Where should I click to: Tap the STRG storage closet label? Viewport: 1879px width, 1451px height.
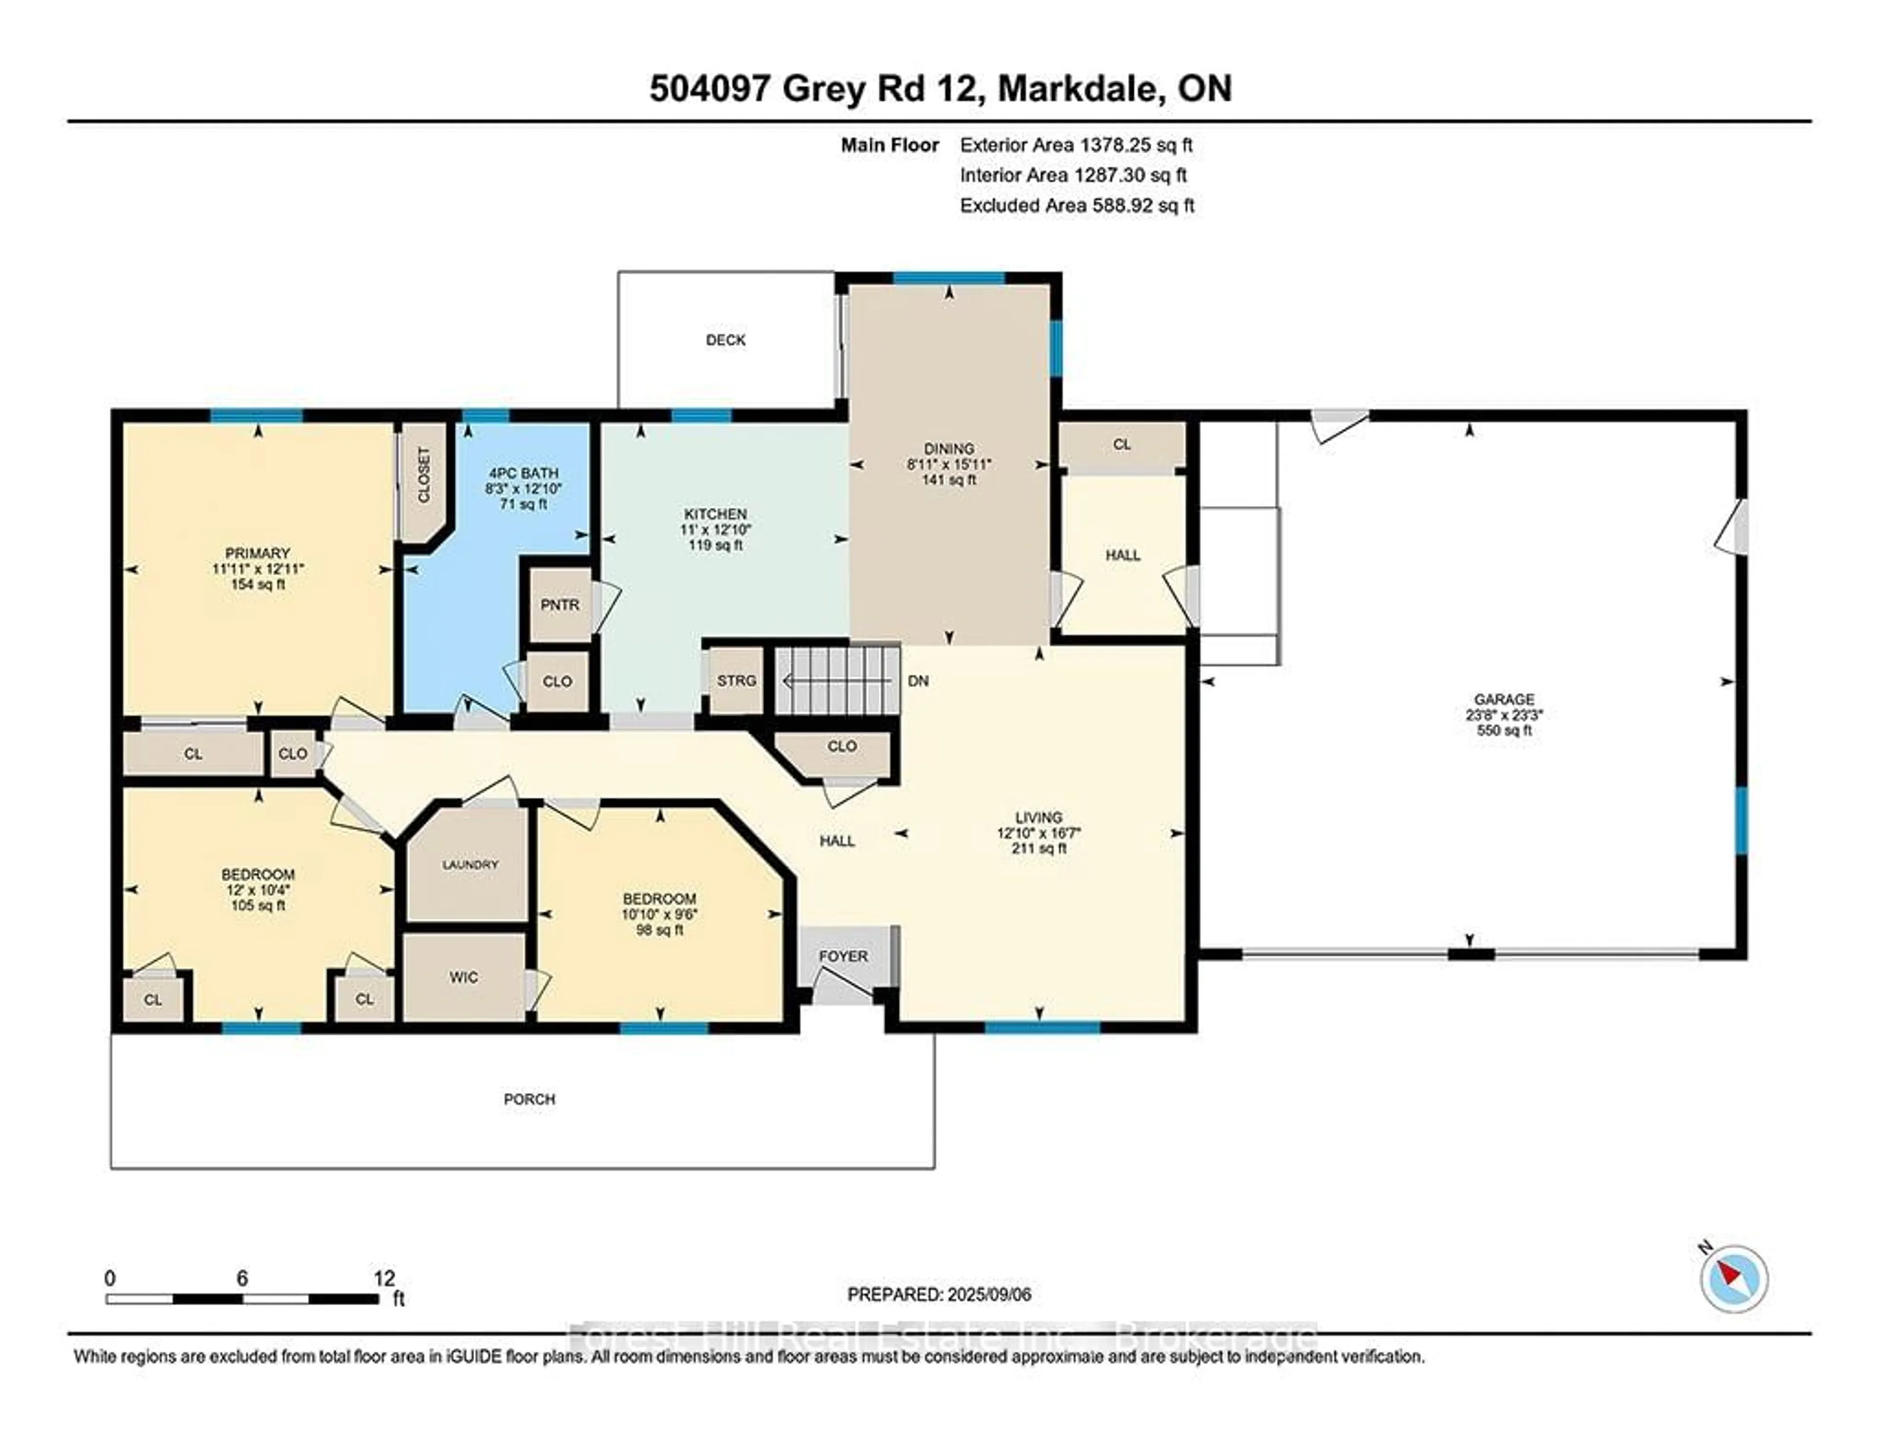(736, 680)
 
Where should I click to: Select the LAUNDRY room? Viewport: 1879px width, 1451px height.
(470, 864)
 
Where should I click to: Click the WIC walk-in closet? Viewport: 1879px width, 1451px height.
(464, 977)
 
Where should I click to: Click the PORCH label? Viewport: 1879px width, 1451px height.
(529, 1099)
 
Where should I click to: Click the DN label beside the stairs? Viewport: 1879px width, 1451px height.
(918, 680)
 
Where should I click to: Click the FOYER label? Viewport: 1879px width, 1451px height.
(843, 955)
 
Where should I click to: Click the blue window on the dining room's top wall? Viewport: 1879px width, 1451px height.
(949, 278)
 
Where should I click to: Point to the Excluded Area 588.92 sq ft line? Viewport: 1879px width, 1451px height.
(1077, 205)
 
